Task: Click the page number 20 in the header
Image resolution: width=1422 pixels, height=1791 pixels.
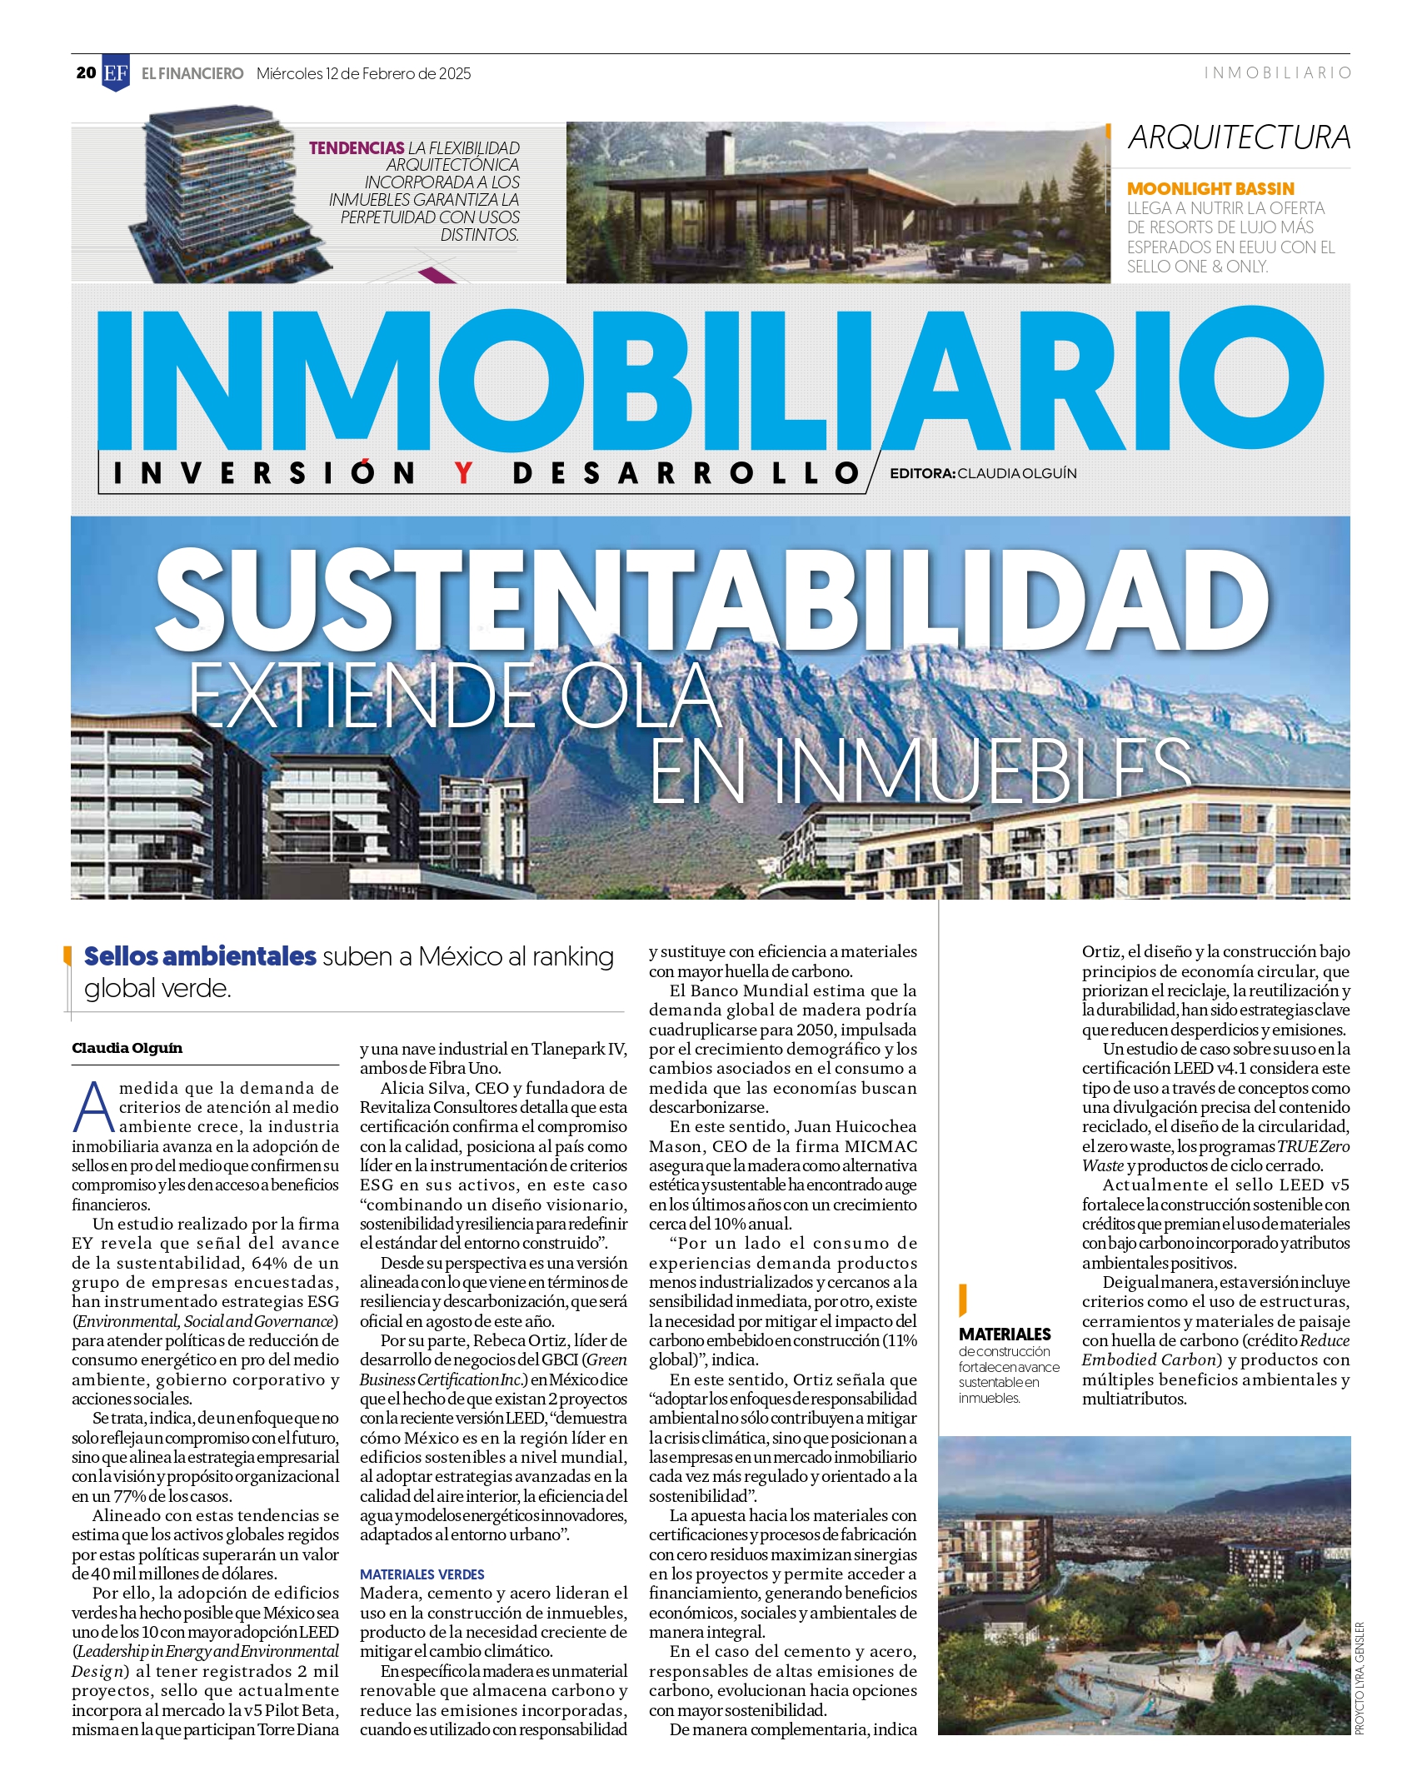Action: (x=86, y=73)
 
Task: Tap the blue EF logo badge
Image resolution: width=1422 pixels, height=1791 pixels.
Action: (x=116, y=73)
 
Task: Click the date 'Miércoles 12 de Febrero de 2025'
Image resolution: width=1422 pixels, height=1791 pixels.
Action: (x=363, y=74)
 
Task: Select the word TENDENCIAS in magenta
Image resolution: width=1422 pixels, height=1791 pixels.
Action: (x=357, y=148)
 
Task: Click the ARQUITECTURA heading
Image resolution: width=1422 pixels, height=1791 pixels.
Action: (x=1239, y=138)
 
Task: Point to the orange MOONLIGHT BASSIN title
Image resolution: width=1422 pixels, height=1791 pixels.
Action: (x=1210, y=189)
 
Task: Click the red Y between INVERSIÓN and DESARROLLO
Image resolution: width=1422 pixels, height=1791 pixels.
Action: (x=463, y=473)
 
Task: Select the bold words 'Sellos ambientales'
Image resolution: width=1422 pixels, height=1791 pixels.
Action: (x=200, y=955)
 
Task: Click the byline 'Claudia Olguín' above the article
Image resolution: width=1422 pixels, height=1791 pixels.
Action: (x=127, y=1048)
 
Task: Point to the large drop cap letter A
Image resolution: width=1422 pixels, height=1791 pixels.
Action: (x=93, y=1107)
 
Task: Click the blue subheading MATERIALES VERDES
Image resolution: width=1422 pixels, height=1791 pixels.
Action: (x=422, y=1574)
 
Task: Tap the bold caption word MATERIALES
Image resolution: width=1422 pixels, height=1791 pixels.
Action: (x=1005, y=1334)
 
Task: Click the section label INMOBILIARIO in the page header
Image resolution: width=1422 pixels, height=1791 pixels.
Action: (x=1277, y=73)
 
